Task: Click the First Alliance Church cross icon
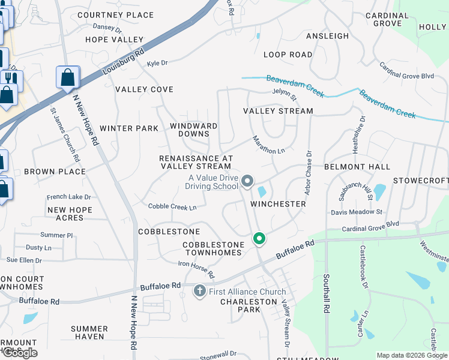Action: click(200, 292)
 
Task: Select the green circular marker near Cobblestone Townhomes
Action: click(259, 239)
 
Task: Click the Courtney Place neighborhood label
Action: click(115, 15)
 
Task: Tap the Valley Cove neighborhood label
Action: click(144, 89)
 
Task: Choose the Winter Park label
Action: click(129, 128)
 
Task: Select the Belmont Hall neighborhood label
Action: click(357, 167)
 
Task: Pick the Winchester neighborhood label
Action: click(278, 204)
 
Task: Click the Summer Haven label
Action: click(89, 333)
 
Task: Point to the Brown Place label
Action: click(55, 172)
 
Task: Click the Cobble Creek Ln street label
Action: click(172, 207)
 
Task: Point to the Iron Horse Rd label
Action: click(196, 269)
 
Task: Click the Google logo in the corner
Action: click(19, 353)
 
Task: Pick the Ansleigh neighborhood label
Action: click(327, 36)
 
